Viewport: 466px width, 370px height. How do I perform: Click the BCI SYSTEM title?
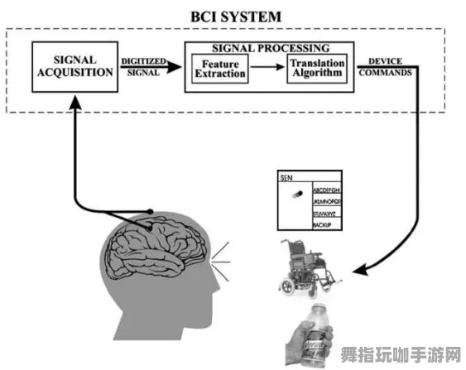point(236,16)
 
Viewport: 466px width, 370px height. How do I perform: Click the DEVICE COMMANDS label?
point(386,65)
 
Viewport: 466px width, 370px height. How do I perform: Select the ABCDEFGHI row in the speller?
point(329,190)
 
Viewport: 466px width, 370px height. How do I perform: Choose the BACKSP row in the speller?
point(324,224)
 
